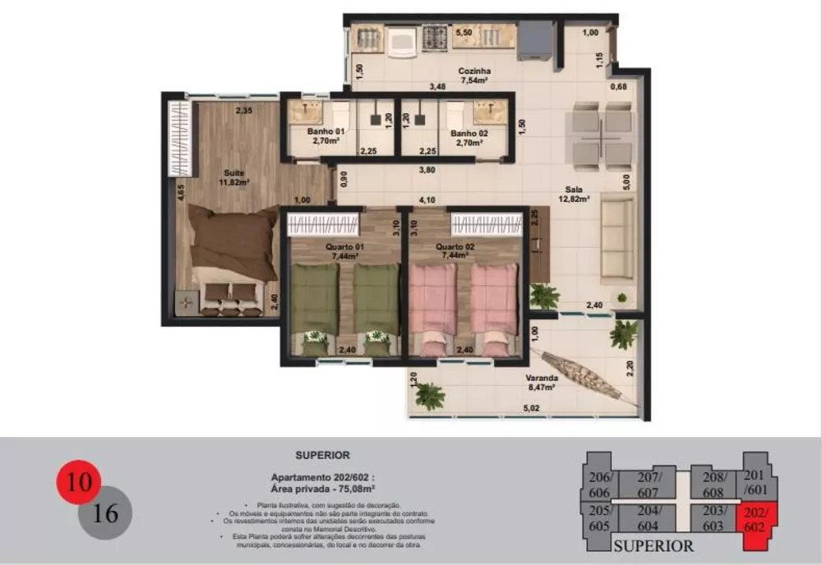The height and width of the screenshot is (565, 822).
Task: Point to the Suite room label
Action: (x=233, y=177)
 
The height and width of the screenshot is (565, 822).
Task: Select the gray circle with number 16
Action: (x=106, y=515)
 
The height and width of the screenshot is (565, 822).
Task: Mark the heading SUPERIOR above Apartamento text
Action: (x=322, y=454)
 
